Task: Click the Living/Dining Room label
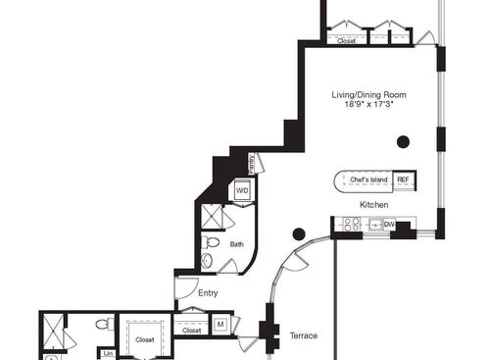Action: point(368,95)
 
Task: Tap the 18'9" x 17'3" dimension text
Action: point(368,106)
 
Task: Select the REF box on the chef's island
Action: point(403,180)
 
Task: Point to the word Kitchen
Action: point(374,204)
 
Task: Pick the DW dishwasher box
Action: point(389,225)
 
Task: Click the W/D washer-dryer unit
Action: point(242,190)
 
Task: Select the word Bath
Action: point(236,244)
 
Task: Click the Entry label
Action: point(207,292)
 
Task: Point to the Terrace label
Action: point(304,336)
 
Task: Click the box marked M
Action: point(220,323)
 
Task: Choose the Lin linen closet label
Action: point(108,353)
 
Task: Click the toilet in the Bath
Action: point(210,243)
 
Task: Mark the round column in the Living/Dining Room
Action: point(403,141)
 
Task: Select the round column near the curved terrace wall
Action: point(299,233)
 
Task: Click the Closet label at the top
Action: point(347,41)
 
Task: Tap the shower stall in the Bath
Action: point(212,216)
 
